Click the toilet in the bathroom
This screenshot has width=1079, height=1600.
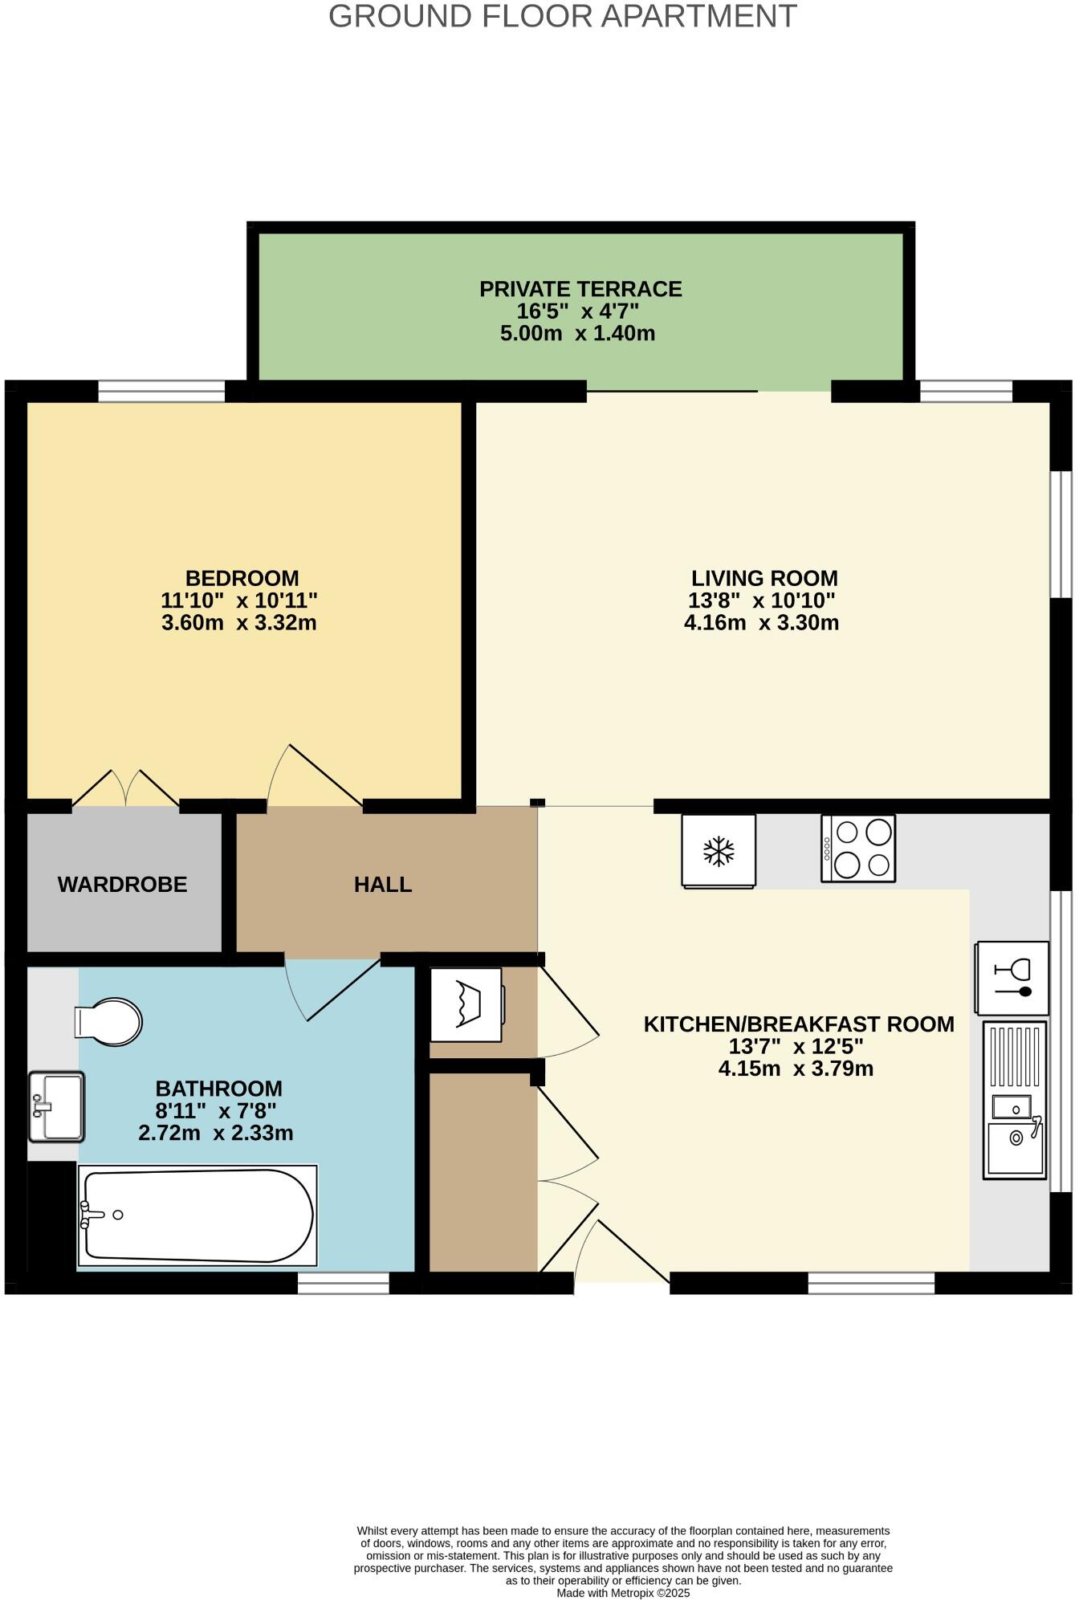click(x=109, y=1022)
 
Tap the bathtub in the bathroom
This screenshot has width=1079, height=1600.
click(x=197, y=1215)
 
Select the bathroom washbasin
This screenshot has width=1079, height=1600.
click(x=56, y=1106)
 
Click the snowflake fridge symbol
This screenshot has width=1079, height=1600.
click(x=719, y=851)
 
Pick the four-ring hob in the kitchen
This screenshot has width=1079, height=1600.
click(x=857, y=849)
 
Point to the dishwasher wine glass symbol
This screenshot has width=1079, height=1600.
click(x=1012, y=978)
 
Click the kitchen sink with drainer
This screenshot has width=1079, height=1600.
click(x=1015, y=1100)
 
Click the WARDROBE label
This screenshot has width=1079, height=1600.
click(x=122, y=884)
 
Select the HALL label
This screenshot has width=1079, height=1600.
click(x=383, y=884)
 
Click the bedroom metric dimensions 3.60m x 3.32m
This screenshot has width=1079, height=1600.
click(x=239, y=622)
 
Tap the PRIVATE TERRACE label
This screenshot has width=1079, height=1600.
click(x=580, y=289)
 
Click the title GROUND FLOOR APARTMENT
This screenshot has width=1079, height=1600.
click(x=562, y=16)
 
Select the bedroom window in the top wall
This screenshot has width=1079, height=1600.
click(x=161, y=392)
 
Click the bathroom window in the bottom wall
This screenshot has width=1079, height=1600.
click(x=344, y=1283)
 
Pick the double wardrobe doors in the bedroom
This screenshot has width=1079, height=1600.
click(x=125, y=788)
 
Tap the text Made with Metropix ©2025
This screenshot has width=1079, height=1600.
click(x=623, y=1593)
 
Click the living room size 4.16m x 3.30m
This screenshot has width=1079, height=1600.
click(x=761, y=622)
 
